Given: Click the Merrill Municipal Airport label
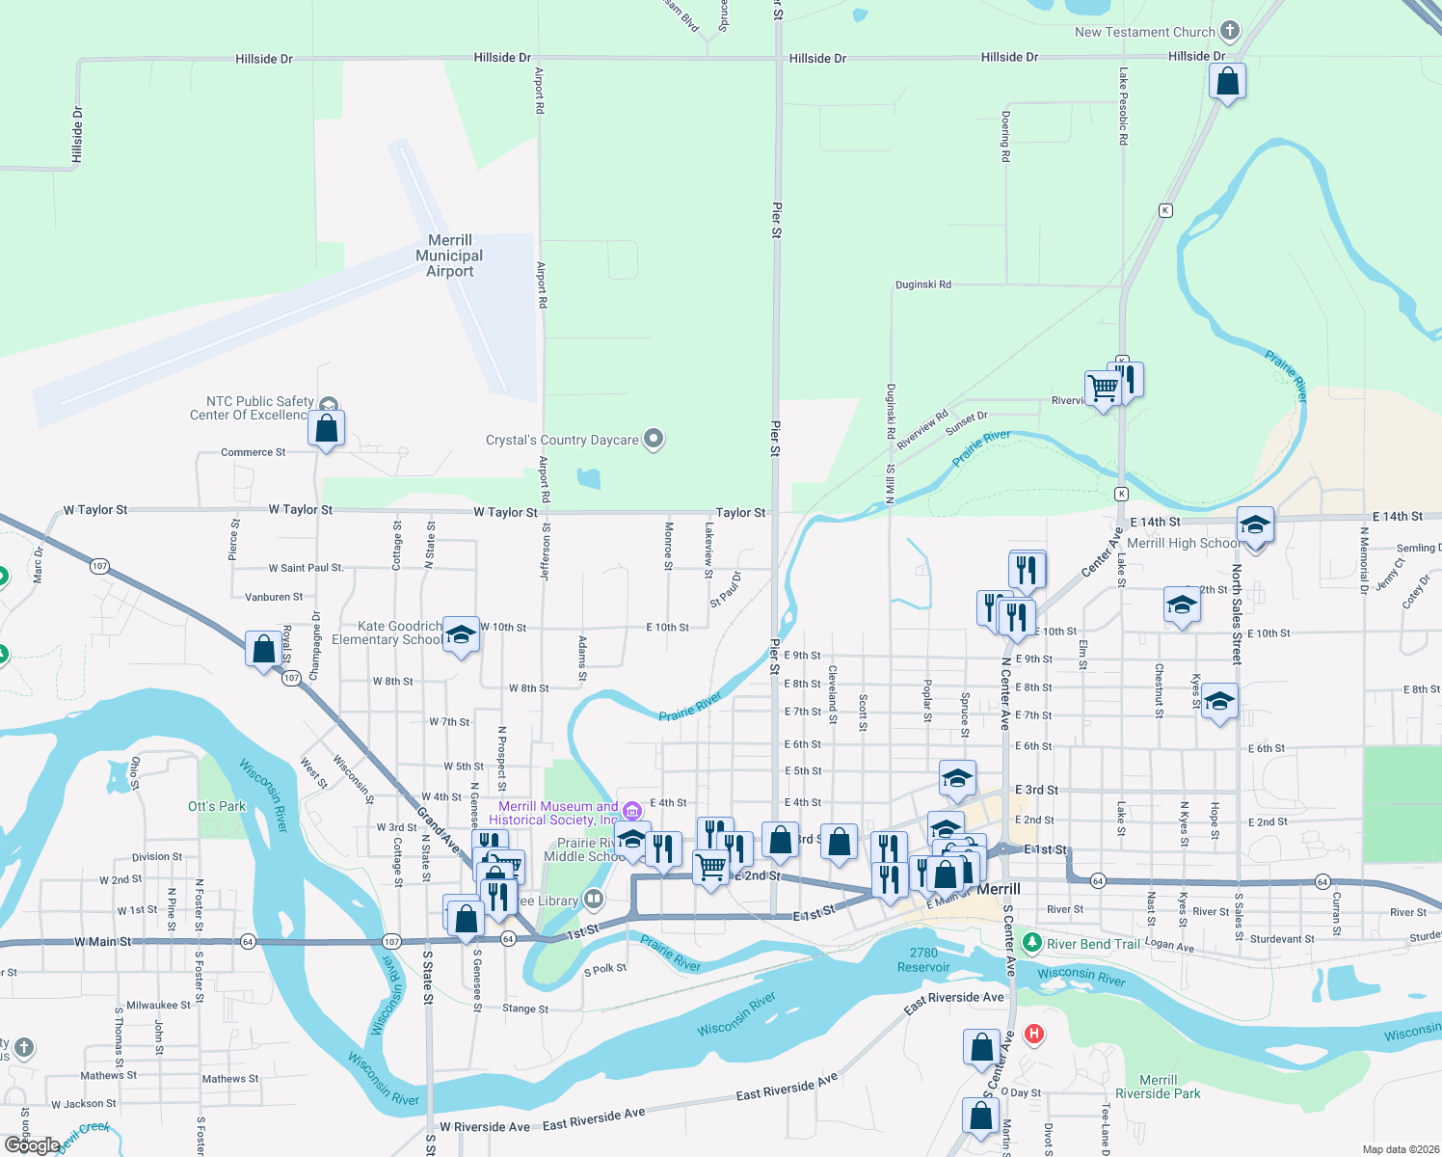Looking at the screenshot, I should point(449,256).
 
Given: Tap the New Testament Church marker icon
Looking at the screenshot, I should point(1230,31).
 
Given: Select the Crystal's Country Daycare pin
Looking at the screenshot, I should point(654,440).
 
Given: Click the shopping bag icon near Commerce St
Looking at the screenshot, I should point(327,428).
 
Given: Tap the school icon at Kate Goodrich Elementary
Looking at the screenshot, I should point(461,634).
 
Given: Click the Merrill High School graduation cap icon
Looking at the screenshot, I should point(1254,525).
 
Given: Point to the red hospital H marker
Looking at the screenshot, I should point(1034,1035).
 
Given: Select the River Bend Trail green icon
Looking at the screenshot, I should point(1032,942).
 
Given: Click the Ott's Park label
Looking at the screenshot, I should point(217,806).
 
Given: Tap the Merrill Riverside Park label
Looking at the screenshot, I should point(1158,1087).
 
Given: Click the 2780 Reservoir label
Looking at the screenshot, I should point(923,959).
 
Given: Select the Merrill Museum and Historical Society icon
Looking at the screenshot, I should point(632,811).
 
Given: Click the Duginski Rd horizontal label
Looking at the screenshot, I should point(922,284).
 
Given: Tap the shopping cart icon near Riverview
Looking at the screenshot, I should point(1103,388).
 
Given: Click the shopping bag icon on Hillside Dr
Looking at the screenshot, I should point(1227,81).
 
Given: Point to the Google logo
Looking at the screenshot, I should point(32,1144).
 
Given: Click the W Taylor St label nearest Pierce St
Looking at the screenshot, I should point(300,509).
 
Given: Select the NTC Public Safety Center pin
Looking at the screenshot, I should point(329,405).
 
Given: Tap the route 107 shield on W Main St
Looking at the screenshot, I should point(391,941).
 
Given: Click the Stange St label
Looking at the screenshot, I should point(525,1009).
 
